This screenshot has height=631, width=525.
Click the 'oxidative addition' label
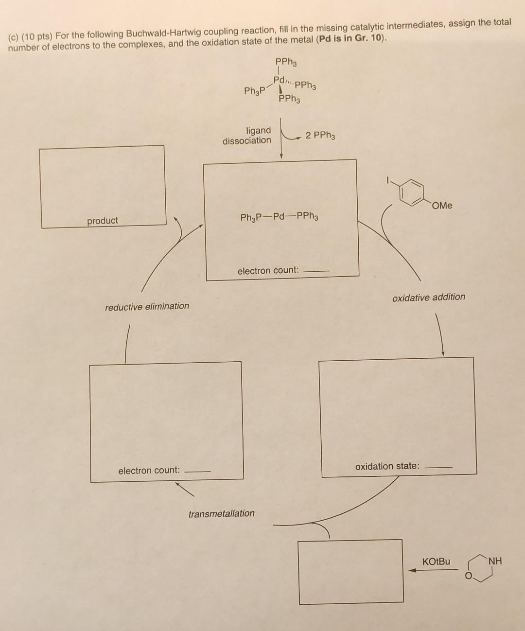[x=428, y=297]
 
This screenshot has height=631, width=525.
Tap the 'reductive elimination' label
[x=147, y=306]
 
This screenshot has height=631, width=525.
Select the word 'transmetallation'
[x=221, y=513]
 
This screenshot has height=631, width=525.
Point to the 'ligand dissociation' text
[x=247, y=136]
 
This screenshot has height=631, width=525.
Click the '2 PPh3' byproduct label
[x=320, y=135]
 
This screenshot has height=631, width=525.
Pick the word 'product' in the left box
[x=103, y=221]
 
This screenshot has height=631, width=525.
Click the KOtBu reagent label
[x=436, y=561]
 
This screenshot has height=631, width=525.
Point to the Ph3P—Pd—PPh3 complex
[x=280, y=217]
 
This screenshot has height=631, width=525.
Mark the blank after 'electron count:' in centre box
[x=316, y=271]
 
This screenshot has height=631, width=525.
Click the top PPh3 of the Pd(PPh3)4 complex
[x=286, y=62]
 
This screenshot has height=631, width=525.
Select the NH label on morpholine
[x=495, y=561]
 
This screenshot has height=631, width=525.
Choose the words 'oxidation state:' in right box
[x=387, y=466]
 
